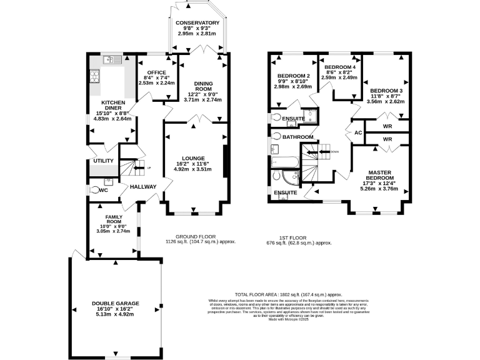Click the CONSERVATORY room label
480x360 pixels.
[197, 23]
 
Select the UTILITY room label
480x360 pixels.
[103, 161]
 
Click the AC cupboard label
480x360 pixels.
[359, 132]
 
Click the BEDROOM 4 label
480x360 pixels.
[340, 67]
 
